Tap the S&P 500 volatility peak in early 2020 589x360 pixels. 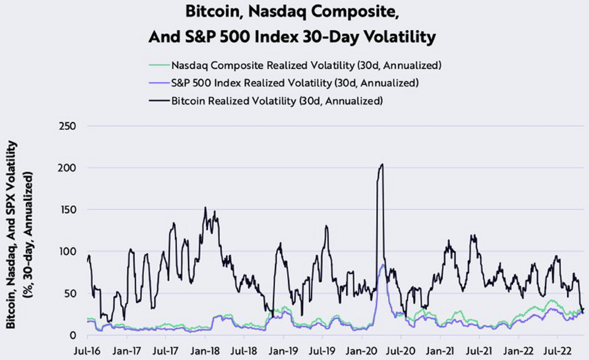point(383,265)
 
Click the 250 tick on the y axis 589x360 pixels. point(67,126)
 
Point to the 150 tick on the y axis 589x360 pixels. point(67,210)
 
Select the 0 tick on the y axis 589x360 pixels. point(72,335)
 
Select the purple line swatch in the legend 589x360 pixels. point(159,83)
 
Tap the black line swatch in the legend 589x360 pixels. point(159,102)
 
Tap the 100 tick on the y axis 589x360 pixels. point(67,251)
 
